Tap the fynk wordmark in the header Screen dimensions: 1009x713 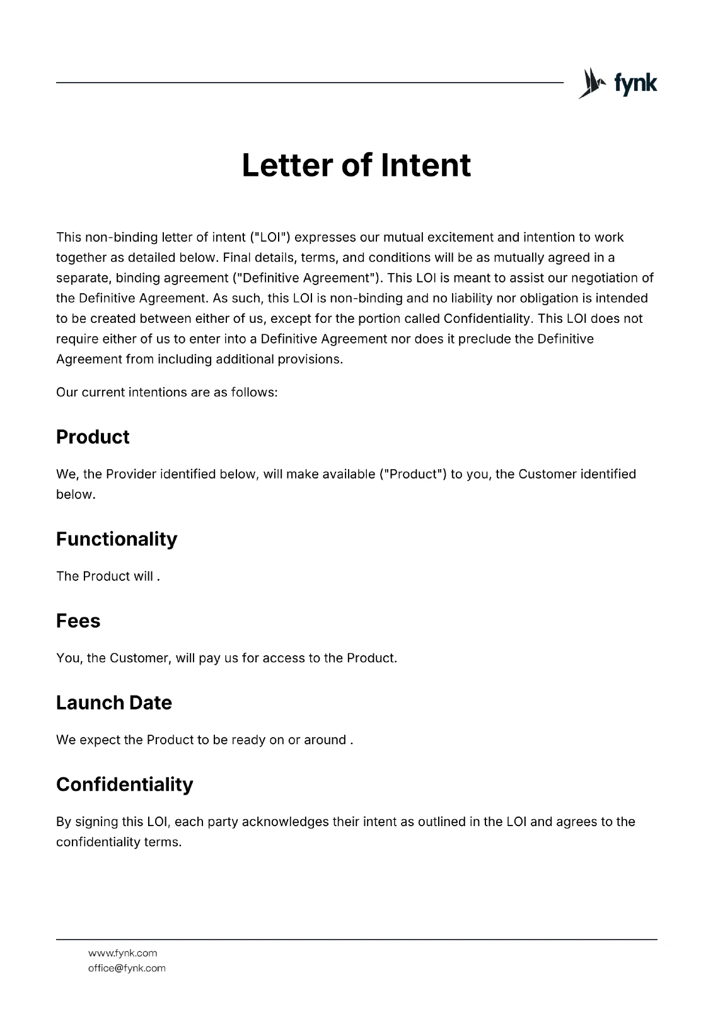click(635, 84)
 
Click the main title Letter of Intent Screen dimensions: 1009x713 click(356, 165)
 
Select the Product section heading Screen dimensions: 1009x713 click(93, 437)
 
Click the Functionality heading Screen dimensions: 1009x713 click(117, 539)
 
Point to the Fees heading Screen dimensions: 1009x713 click(78, 621)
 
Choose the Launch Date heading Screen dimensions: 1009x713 click(114, 703)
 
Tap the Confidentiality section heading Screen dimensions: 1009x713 click(125, 784)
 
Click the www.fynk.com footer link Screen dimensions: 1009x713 click(123, 953)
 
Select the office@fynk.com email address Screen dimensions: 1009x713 click(127, 968)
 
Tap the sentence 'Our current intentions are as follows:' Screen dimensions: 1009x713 click(167, 392)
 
